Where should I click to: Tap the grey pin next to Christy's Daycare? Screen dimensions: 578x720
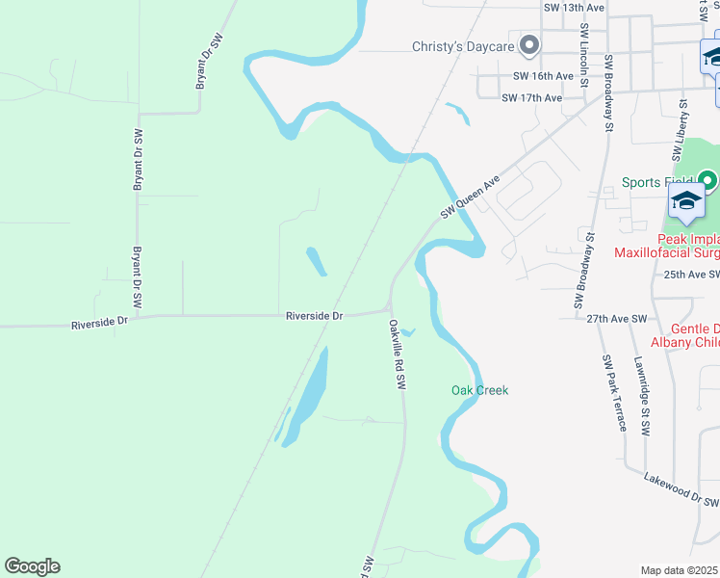(x=528, y=45)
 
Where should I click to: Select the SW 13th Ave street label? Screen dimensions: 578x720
(x=574, y=8)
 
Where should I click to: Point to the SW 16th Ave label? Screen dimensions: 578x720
(x=543, y=76)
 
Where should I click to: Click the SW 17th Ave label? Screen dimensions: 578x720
(x=531, y=98)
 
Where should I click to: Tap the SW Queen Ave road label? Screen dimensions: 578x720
(x=472, y=197)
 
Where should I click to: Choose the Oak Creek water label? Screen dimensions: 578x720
(x=479, y=390)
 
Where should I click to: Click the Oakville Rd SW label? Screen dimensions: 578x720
(x=396, y=354)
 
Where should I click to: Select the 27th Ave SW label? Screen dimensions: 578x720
(x=616, y=317)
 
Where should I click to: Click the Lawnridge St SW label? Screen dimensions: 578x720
(x=640, y=395)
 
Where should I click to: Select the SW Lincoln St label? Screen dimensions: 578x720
(x=584, y=57)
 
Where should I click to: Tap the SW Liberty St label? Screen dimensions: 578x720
(x=678, y=128)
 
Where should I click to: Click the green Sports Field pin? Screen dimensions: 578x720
(x=707, y=180)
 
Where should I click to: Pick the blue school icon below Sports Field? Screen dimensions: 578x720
(x=686, y=202)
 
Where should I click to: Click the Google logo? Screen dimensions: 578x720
(x=32, y=566)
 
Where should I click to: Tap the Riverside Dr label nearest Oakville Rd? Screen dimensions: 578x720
(x=315, y=315)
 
